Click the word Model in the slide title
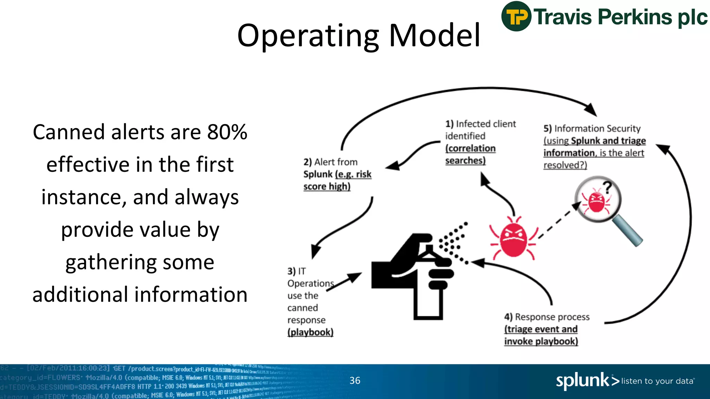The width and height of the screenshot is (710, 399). point(434,35)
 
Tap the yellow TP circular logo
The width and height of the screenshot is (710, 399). point(516,16)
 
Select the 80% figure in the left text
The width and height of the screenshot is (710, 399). point(227,132)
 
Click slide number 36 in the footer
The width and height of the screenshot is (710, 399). point(355,380)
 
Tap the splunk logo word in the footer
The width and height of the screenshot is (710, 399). point(582,380)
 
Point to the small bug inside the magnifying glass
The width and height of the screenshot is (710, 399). point(596,201)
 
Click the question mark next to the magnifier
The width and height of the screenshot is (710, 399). point(607,187)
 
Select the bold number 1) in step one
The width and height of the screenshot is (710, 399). point(449,124)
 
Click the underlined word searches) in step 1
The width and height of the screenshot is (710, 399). point(465,161)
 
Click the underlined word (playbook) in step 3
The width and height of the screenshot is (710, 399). point(310,332)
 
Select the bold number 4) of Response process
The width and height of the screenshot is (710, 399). point(508,317)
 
